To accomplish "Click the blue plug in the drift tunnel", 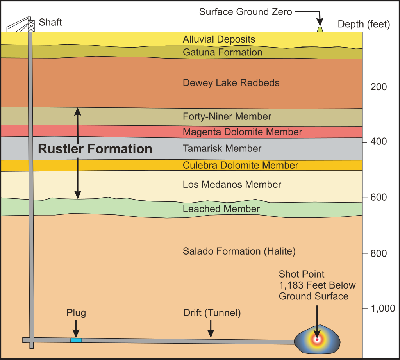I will pyautogui.click(x=76, y=340).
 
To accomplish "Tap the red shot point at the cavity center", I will pyautogui.click(x=317, y=339).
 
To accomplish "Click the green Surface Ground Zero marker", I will pyautogui.click(x=320, y=29).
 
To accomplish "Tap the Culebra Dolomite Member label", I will pyautogui.click(x=240, y=166).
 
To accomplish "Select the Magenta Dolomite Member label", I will pyautogui.click(x=242, y=132).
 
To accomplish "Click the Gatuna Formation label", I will pyautogui.click(x=222, y=52).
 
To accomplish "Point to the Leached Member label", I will pyautogui.click(x=221, y=209).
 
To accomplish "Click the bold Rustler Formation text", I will pyautogui.click(x=95, y=149).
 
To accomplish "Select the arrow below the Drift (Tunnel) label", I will pyautogui.click(x=211, y=329).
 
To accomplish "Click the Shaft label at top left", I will pyautogui.click(x=50, y=22).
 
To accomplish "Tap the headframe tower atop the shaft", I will pyautogui.click(x=30, y=25).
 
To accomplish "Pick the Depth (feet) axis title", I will pyautogui.click(x=364, y=25).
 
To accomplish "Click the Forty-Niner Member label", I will pyautogui.click(x=227, y=117).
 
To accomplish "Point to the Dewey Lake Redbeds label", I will pyautogui.click(x=231, y=83).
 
